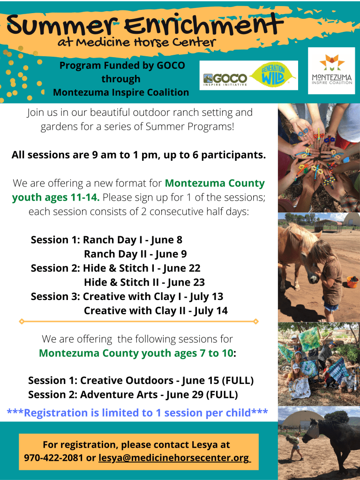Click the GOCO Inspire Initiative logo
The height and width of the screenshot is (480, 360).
(225, 79)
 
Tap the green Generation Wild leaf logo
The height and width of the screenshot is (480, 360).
(273, 75)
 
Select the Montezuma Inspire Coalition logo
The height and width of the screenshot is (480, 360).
(331, 71)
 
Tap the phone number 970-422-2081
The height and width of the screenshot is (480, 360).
(53, 458)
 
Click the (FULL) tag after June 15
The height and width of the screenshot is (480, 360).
(238, 380)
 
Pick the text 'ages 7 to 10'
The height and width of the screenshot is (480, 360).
(203, 353)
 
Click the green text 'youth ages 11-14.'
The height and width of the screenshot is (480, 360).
(56, 197)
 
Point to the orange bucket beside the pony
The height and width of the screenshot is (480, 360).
(352, 282)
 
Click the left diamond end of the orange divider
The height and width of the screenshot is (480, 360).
(22, 322)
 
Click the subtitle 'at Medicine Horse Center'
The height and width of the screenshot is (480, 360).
(136, 42)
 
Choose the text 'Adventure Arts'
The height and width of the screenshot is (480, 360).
(119, 395)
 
